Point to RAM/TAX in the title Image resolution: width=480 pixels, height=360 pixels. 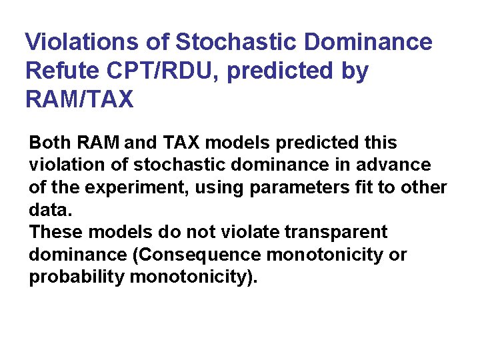(79, 99)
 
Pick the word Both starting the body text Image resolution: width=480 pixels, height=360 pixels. (50, 143)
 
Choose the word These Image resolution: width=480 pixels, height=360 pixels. (55, 233)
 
